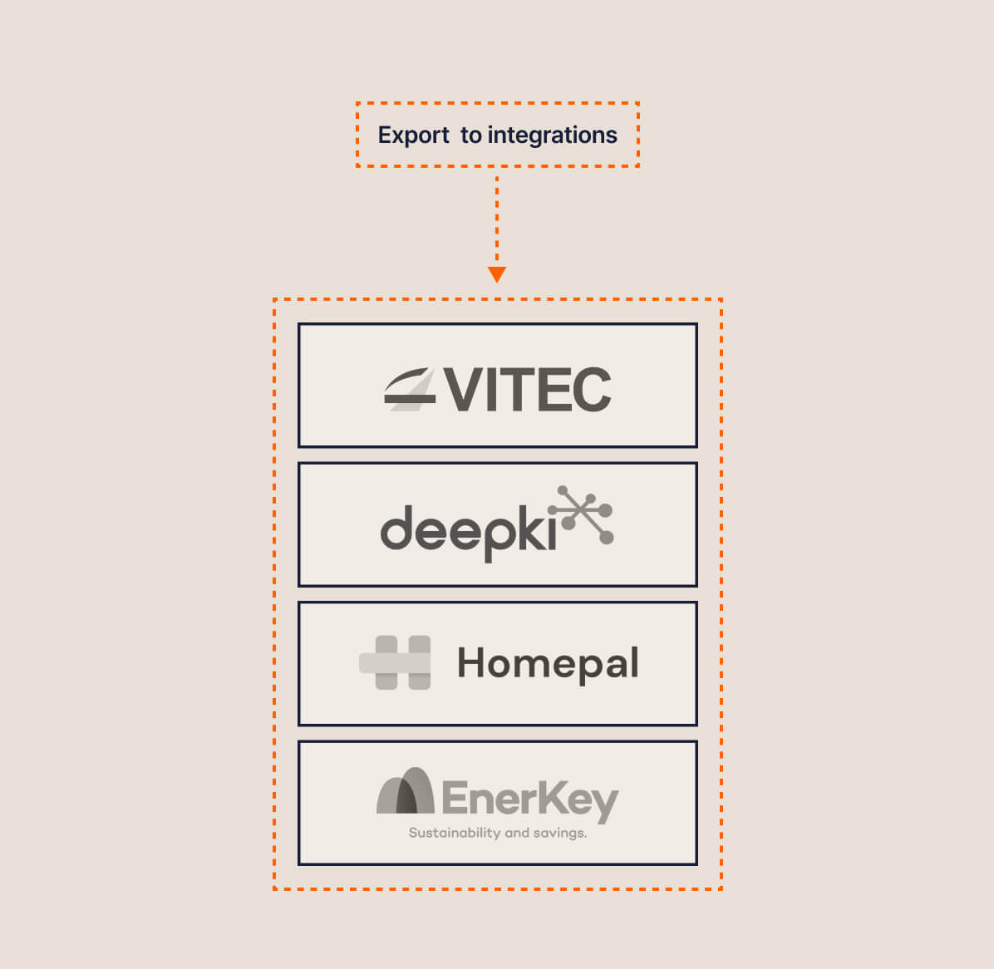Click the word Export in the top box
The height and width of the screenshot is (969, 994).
click(x=413, y=135)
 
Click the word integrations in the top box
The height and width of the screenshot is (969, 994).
click(x=552, y=135)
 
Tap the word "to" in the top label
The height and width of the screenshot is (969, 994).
click(x=471, y=135)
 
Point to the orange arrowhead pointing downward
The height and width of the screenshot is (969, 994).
click(x=497, y=274)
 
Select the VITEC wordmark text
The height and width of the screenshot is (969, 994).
click(x=527, y=390)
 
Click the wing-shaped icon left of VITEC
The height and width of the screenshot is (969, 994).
click(x=410, y=390)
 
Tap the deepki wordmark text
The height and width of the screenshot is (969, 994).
click(x=468, y=529)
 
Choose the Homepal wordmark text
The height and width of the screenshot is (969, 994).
click(x=548, y=663)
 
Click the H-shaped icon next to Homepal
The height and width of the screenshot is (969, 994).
click(x=396, y=662)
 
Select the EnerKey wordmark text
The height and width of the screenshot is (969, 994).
click(x=529, y=799)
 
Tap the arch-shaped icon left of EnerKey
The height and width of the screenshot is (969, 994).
click(x=406, y=791)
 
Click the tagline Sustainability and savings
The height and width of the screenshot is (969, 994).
click(x=497, y=833)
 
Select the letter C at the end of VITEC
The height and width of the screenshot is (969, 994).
click(x=592, y=390)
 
